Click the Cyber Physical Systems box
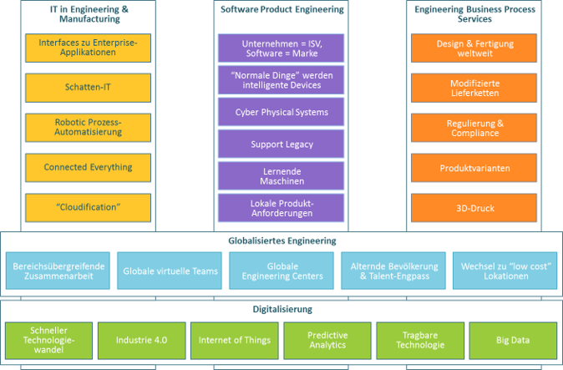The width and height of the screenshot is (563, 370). click(281, 112)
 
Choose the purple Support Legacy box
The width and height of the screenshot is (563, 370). click(281, 144)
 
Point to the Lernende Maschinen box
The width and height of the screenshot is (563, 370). click(281, 176)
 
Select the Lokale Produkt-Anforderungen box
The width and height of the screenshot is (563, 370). click(281, 208)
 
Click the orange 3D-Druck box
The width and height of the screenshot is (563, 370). click(474, 206)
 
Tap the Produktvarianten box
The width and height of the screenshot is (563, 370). click(474, 168)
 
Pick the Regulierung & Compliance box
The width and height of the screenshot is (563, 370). click(474, 128)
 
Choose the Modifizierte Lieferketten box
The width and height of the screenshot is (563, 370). click(474, 89)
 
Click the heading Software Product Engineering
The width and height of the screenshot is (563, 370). click(281, 10)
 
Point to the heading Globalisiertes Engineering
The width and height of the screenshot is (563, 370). click(281, 241)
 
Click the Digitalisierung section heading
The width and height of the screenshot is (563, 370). click(281, 309)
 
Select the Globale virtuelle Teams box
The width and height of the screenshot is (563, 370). click(170, 271)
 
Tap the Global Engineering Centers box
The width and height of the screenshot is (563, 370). click(281, 271)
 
